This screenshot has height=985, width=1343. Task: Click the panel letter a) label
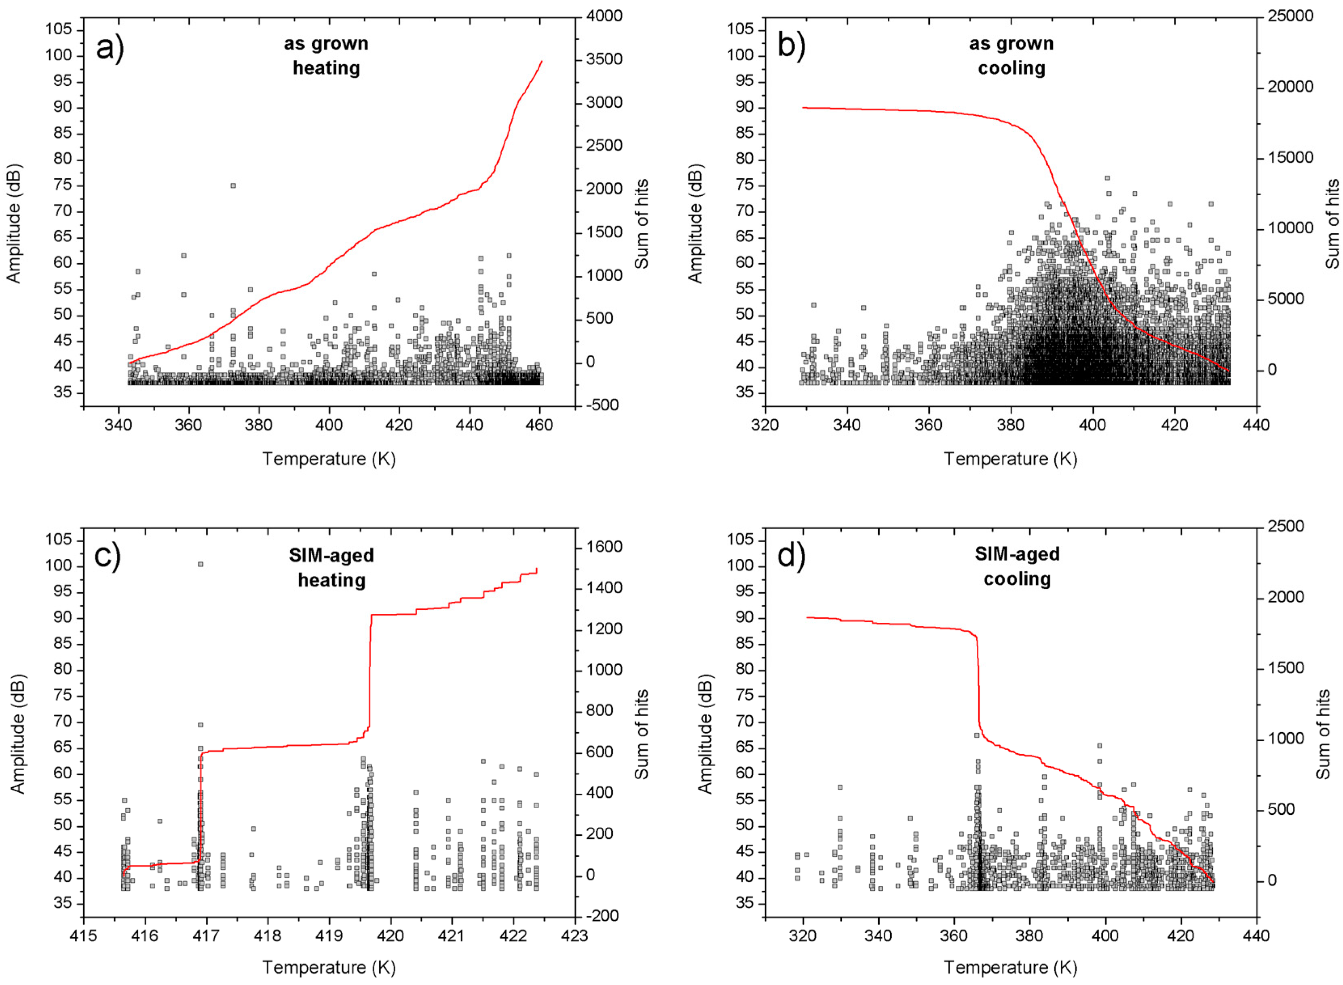tap(110, 48)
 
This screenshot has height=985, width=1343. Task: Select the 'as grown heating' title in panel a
tap(326, 55)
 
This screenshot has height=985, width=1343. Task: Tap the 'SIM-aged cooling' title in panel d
tap(1017, 566)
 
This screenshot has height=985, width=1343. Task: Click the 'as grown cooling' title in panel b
tap(1011, 55)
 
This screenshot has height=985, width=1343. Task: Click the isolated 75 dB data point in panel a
tap(233, 186)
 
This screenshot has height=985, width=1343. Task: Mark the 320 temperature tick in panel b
tap(765, 425)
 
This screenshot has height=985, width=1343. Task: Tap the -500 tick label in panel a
tap(602, 405)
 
